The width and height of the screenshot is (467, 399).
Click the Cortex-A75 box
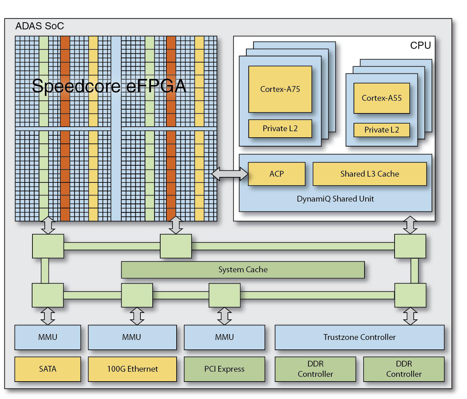coord(280,89)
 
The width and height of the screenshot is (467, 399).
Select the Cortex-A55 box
coord(381,98)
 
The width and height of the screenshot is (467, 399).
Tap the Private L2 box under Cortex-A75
coord(280,128)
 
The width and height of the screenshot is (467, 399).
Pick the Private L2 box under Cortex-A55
coord(381,130)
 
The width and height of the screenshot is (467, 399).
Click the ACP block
coord(276,174)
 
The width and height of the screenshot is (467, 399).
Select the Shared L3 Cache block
coord(370,174)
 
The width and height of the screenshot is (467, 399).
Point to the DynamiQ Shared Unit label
coord(335,199)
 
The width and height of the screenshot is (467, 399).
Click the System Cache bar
coord(243,270)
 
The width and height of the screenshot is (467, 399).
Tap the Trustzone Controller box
coord(359,337)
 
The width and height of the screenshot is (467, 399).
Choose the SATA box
coord(48,369)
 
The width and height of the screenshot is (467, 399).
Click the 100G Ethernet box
coord(133,369)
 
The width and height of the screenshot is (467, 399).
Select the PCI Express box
coord(224,369)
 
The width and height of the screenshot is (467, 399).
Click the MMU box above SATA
coord(48,337)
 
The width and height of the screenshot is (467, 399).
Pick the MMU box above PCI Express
coord(224,337)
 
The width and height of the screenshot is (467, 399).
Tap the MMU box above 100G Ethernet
coord(133,337)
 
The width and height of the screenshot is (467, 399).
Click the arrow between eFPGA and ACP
coord(230,174)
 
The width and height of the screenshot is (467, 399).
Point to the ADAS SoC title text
coord(40,26)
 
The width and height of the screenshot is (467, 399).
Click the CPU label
coord(421,45)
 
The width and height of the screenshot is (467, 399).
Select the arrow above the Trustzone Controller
coord(410,316)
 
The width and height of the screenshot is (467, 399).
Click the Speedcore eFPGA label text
coord(109,86)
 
